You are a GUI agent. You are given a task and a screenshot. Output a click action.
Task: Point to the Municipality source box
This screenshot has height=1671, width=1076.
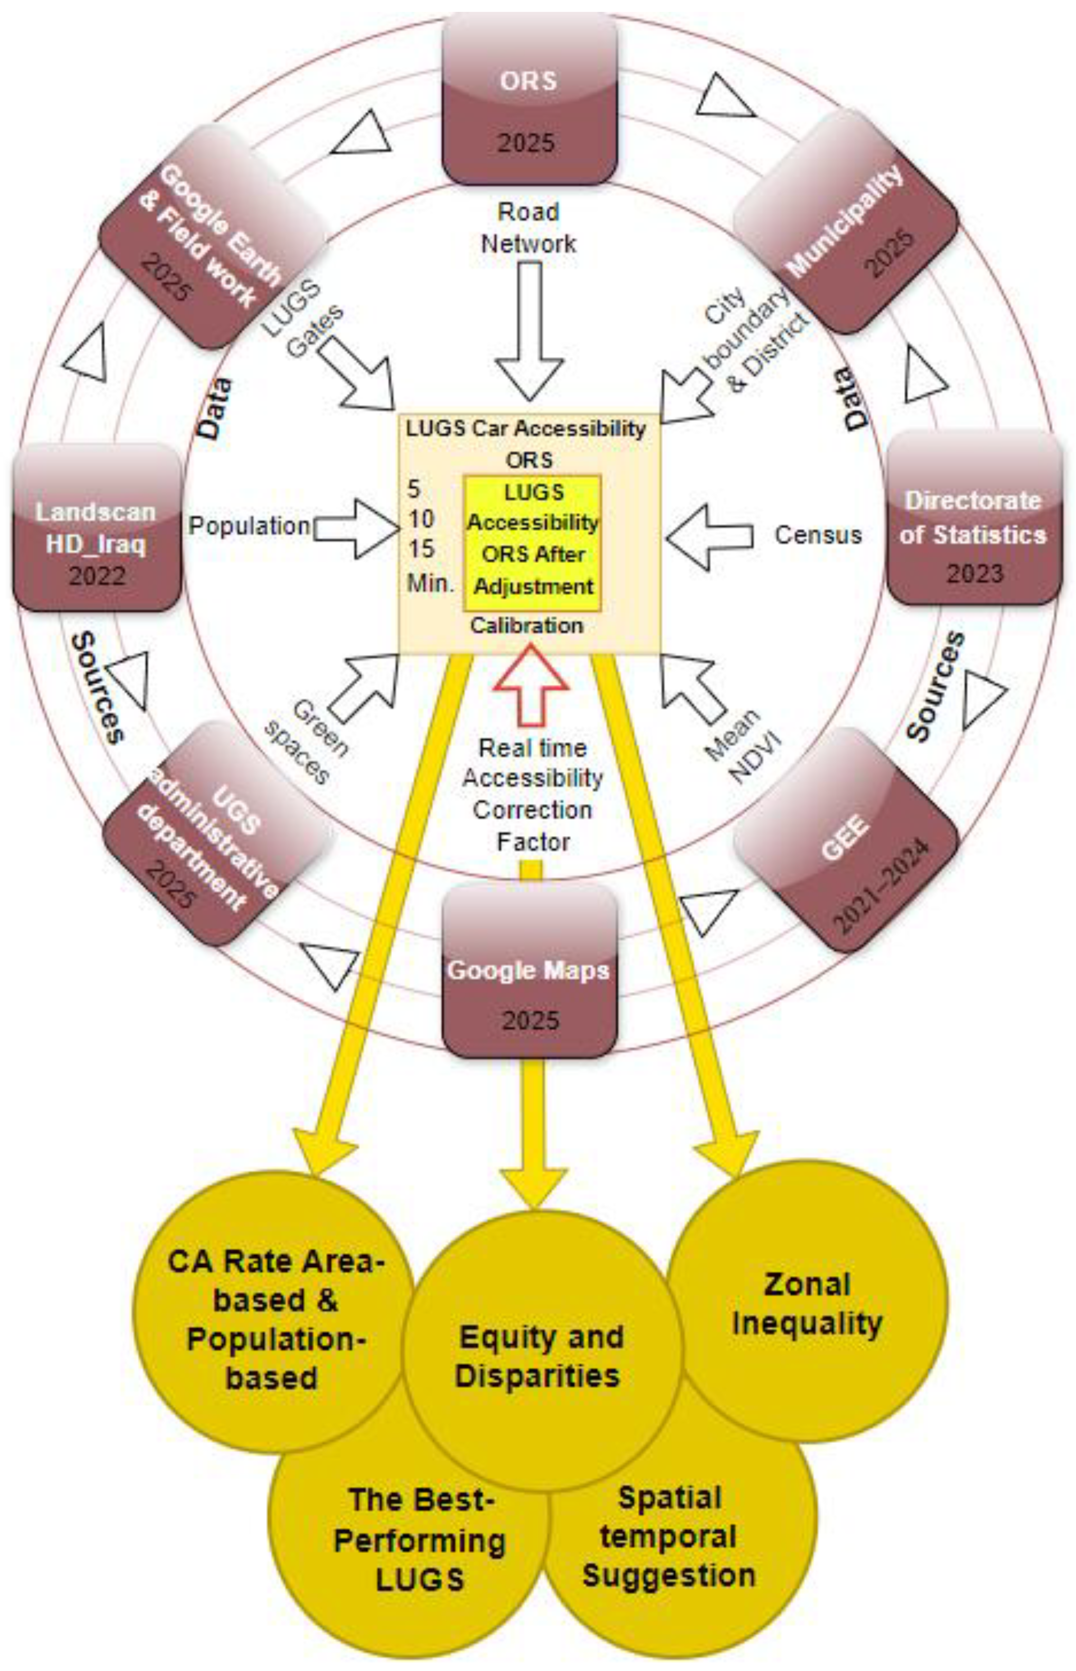(x=845, y=221)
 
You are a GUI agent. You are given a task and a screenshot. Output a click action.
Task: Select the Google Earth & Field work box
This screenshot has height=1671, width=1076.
(x=213, y=237)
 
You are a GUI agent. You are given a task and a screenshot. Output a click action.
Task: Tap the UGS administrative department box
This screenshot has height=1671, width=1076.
(x=214, y=834)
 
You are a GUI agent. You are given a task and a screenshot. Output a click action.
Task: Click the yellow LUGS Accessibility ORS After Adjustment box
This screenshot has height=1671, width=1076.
(x=532, y=539)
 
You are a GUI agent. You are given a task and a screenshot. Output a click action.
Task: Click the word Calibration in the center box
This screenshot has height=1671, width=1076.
(x=527, y=625)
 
